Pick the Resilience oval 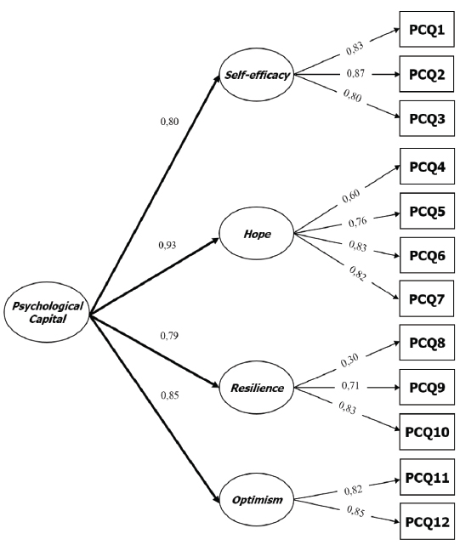[257, 388]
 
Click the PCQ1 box [427, 29]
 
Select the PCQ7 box [427, 299]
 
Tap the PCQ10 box [427, 432]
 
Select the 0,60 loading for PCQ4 [349, 197]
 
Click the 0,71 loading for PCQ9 [349, 387]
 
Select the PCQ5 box [427, 210]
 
